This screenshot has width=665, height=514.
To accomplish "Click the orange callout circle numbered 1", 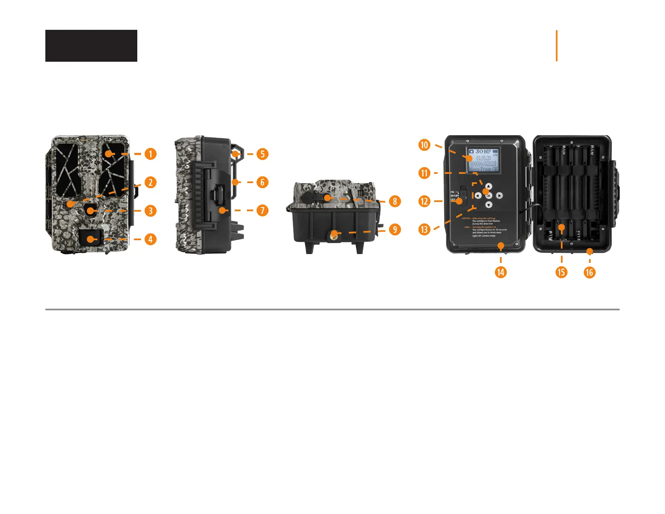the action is [150, 154].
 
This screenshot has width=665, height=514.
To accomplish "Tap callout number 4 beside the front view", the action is [150, 239].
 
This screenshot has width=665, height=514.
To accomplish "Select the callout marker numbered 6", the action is [262, 182].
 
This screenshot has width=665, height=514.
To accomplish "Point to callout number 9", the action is [395, 229].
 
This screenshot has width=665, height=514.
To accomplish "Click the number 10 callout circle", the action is [424, 145].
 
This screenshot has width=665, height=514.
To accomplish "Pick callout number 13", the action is [424, 229].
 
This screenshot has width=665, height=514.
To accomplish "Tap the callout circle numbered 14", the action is [500, 272].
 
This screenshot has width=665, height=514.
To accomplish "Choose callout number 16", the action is [589, 272].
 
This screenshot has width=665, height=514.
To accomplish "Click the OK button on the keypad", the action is [488, 196].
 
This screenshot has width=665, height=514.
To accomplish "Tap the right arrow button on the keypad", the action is [499, 196].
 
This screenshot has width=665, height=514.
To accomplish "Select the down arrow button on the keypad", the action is [489, 205].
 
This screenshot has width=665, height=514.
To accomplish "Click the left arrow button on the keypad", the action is [478, 196].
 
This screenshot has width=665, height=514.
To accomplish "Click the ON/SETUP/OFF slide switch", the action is [462, 195].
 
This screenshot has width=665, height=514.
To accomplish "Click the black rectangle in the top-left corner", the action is [91, 46].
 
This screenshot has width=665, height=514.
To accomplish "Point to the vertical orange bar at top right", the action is [557, 46].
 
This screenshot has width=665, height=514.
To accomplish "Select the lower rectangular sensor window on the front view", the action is [90, 238].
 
